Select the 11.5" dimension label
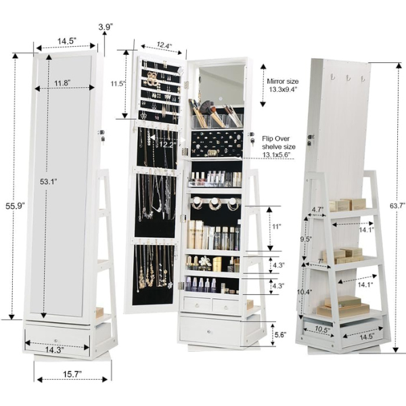coord(118,85)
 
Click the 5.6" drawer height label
coord(279,334)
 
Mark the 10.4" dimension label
coord(304,292)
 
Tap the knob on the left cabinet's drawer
coord(56,336)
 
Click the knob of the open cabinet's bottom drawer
coord(209,331)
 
